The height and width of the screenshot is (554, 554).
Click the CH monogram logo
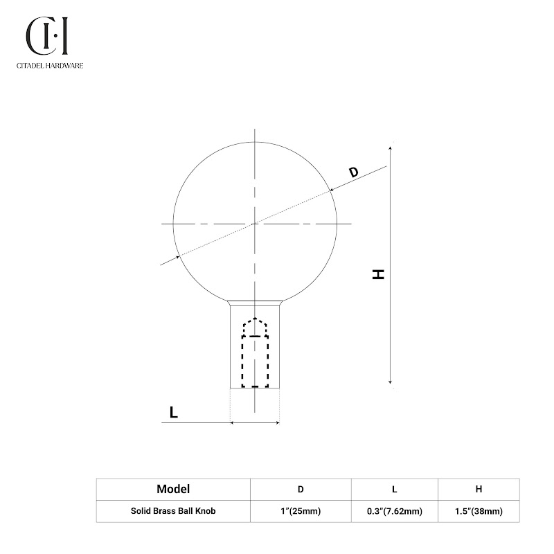click(x=46, y=36)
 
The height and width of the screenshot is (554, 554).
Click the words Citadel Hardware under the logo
click(x=50, y=65)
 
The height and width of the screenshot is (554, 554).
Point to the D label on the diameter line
click(x=353, y=172)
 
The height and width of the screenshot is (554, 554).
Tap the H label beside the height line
click(x=378, y=274)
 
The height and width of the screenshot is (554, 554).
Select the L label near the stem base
click(x=174, y=412)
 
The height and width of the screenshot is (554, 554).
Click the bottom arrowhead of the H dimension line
click(x=390, y=382)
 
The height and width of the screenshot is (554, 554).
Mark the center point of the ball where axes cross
click(x=255, y=224)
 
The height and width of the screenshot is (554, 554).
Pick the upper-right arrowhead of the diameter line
click(x=332, y=190)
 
